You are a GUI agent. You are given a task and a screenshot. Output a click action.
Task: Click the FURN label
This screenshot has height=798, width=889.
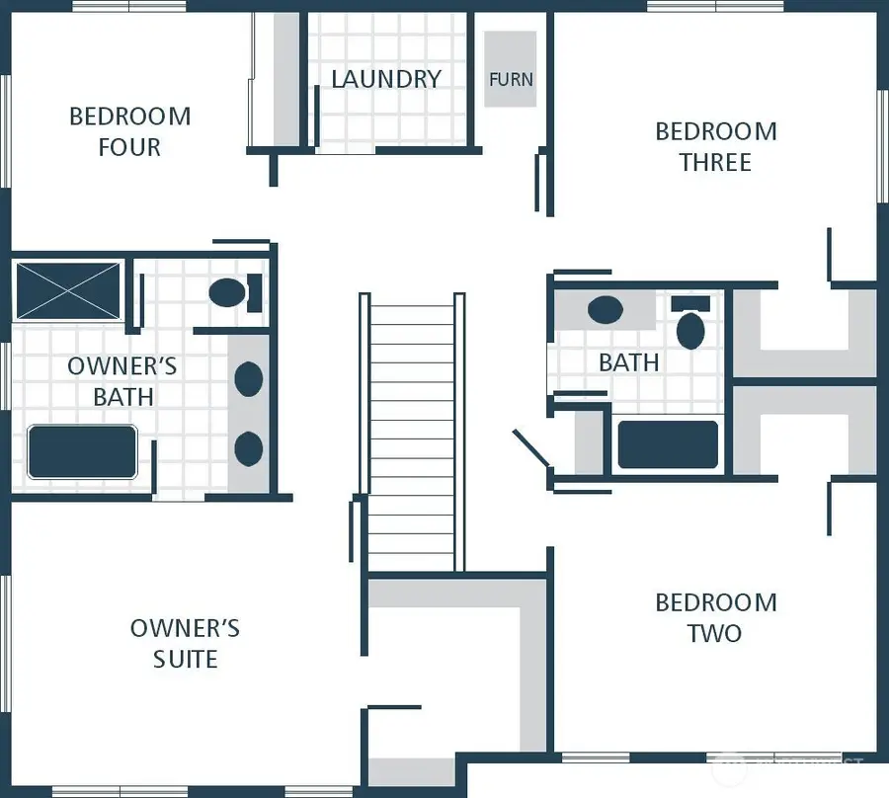pyautogui.click(x=511, y=79)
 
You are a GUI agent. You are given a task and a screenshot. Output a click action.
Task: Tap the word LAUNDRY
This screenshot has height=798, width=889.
pyautogui.click(x=386, y=79)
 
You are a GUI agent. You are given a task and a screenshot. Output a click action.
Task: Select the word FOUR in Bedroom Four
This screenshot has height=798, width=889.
pyautogui.click(x=129, y=147)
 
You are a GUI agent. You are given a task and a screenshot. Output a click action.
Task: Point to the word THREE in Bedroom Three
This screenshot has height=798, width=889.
pyautogui.click(x=715, y=162)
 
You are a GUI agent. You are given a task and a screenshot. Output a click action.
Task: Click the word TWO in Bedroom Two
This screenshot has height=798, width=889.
pyautogui.click(x=715, y=633)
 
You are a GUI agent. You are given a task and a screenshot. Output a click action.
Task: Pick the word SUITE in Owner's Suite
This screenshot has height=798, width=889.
pyautogui.click(x=186, y=659)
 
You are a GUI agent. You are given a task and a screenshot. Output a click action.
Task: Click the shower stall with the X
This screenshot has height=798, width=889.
pyautogui.click(x=68, y=290)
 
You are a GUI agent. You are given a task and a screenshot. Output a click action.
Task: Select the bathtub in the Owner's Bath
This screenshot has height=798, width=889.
pyautogui.click(x=83, y=451)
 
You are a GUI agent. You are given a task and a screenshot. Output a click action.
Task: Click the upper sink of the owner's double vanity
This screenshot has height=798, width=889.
pyautogui.click(x=248, y=378)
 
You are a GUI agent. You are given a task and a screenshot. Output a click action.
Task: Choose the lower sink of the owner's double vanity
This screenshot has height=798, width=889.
pyautogui.click(x=248, y=448)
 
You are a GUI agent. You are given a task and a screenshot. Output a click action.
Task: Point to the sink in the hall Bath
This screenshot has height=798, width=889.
pyautogui.click(x=606, y=310)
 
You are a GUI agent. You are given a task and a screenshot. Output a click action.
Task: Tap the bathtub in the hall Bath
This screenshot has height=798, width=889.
pyautogui.click(x=668, y=444)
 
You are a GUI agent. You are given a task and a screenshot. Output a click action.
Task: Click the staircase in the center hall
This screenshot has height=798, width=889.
pyautogui.click(x=412, y=432)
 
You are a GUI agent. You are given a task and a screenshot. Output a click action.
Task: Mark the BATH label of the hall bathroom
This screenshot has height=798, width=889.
pyautogui.click(x=629, y=362)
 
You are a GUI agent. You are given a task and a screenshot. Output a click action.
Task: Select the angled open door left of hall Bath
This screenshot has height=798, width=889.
pyautogui.click(x=531, y=447)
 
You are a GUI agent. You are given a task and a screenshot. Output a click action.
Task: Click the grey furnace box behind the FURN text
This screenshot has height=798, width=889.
pyautogui.click(x=511, y=69)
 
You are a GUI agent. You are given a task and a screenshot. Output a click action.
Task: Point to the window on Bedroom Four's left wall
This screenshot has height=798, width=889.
pyautogui.click(x=5, y=131)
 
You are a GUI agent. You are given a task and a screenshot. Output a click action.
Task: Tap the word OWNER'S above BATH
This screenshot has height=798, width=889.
pyautogui.click(x=122, y=366)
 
